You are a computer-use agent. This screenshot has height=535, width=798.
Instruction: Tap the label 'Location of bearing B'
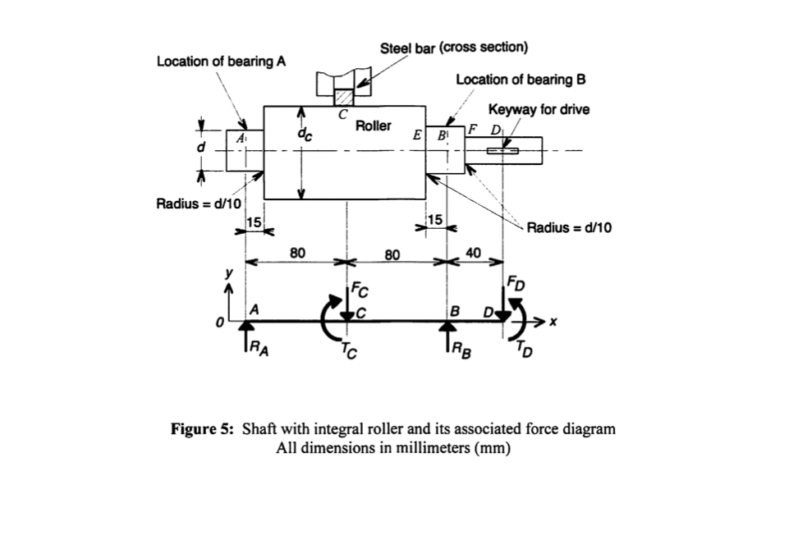(521, 80)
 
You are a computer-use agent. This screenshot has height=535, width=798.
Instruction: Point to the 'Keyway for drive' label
(538, 109)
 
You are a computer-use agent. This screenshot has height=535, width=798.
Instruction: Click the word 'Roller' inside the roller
(374, 126)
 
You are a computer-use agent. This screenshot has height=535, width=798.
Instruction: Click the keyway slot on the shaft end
(502, 150)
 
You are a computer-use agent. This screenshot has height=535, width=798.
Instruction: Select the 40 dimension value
(474, 253)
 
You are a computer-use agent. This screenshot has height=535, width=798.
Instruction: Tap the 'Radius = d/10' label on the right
(569, 227)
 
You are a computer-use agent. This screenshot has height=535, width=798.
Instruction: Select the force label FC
(359, 288)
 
